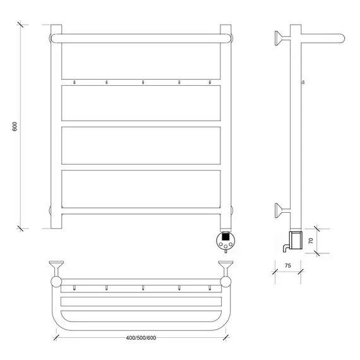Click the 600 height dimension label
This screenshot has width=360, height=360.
tap(15, 126)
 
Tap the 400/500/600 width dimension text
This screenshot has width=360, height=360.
tap(141, 338)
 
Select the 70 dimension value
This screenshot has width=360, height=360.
tap(310, 241)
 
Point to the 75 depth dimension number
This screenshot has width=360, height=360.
tap(287, 266)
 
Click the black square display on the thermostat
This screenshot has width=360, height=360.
tap(225, 236)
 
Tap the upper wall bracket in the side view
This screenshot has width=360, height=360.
tap(282, 39)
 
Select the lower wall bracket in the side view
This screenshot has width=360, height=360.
tap(282, 210)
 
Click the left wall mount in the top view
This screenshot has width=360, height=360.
tap(56, 268)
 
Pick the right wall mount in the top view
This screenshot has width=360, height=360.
tap(225, 268)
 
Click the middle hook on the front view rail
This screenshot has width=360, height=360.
tap(143, 82)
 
